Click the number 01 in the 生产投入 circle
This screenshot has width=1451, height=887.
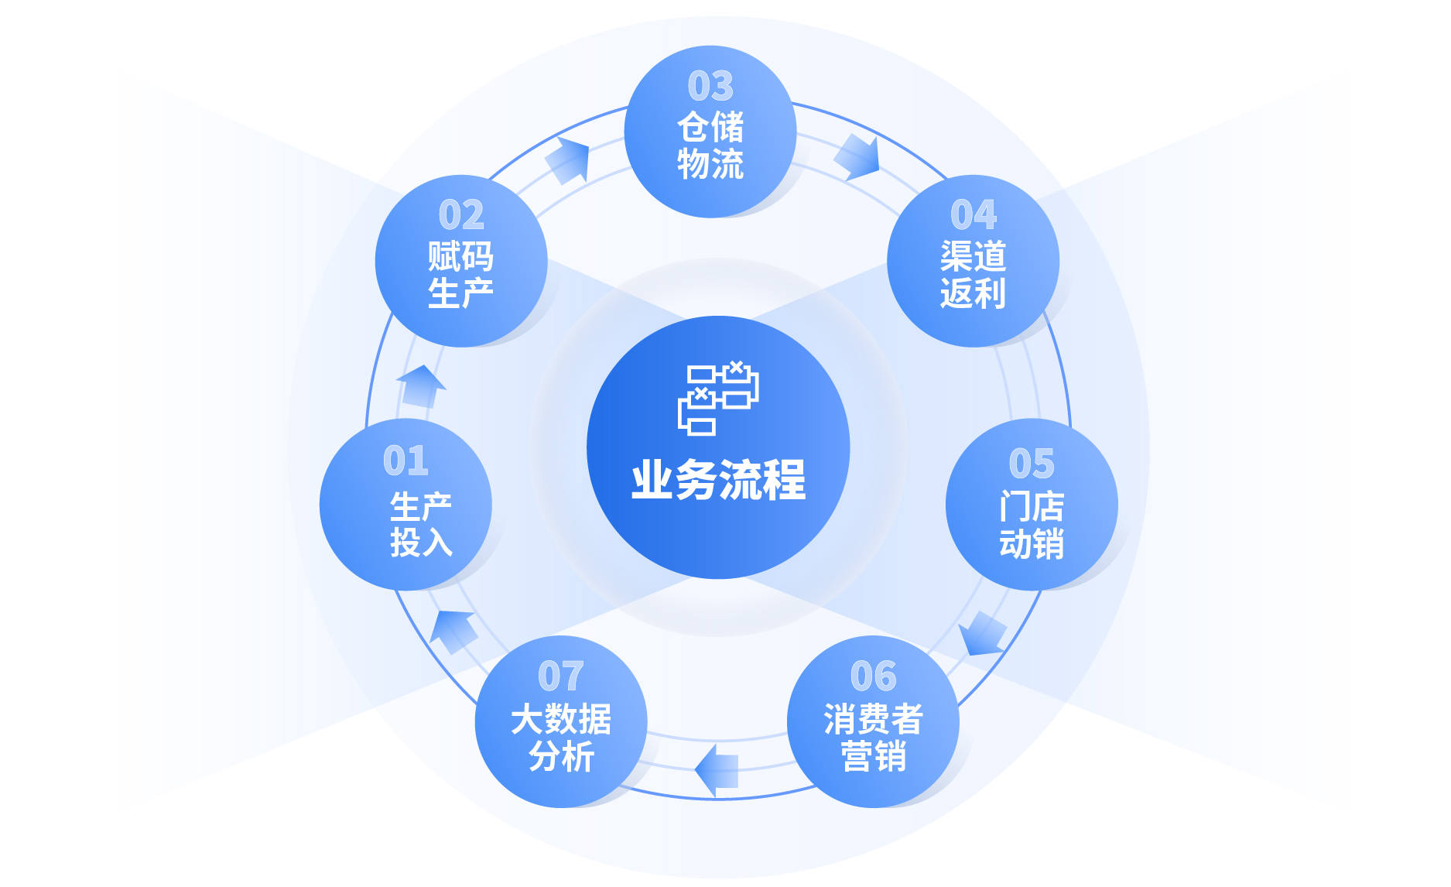coord(406,461)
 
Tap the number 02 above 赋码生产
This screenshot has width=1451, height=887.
coord(461,215)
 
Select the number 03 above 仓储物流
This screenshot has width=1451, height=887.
coord(710,86)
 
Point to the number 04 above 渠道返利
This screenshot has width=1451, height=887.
coord(974,215)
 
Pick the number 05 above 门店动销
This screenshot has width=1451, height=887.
coord(1032,464)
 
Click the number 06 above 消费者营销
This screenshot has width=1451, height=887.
coord(873,676)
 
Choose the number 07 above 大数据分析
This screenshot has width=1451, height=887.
coord(560,676)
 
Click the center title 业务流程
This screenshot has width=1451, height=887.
coord(718,480)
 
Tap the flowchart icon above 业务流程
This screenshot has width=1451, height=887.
coord(718,398)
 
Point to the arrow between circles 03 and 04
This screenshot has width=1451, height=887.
coord(857,156)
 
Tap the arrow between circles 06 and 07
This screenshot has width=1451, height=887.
coord(717,770)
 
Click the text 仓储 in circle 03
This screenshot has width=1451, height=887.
coord(710,127)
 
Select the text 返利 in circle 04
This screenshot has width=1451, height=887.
coord(974,293)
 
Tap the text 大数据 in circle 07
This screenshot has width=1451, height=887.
coord(561,719)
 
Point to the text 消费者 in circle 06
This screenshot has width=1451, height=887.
coord(873,719)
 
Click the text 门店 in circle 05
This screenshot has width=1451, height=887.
coord(1032,506)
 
